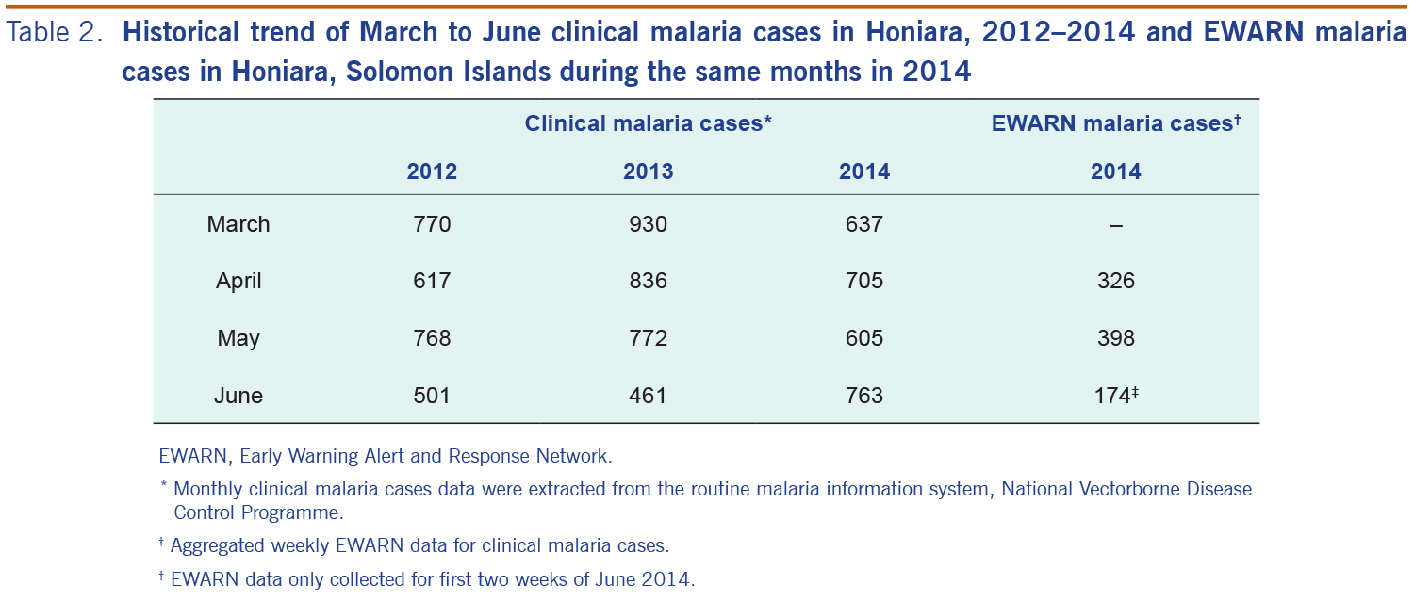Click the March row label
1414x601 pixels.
(x=238, y=224)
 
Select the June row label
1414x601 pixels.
(x=238, y=396)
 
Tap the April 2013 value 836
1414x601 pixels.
(x=648, y=281)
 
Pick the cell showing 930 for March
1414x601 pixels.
(x=648, y=224)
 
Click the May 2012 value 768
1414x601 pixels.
(x=432, y=338)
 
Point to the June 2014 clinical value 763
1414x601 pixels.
(x=863, y=396)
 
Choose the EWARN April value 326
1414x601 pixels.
(x=1115, y=281)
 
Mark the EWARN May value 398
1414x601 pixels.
(x=1115, y=338)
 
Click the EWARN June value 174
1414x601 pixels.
(x=1112, y=396)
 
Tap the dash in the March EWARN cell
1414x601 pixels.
(x=1115, y=225)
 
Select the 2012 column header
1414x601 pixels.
(x=432, y=171)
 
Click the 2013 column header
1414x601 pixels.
(x=648, y=171)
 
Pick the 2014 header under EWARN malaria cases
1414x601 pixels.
(x=1115, y=171)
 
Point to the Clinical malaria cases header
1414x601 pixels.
(x=649, y=123)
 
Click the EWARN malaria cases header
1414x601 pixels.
(x=1112, y=123)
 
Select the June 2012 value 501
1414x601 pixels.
(x=432, y=396)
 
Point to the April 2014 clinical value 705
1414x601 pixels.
(x=863, y=281)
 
